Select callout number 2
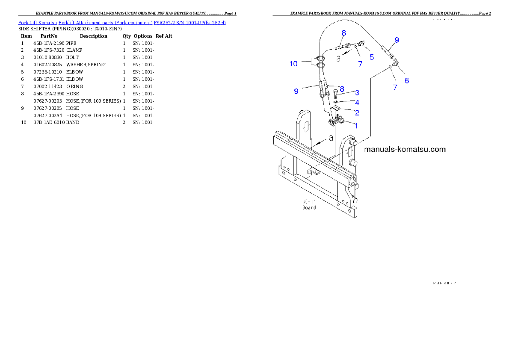tap(357, 113)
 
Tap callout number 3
tap(357, 92)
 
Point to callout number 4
tap(357, 103)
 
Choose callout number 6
tap(406, 80)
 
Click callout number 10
tap(293, 64)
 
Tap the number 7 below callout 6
tap(395, 87)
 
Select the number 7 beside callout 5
tap(360, 64)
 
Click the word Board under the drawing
tap(309, 207)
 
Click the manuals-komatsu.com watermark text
tap(405, 149)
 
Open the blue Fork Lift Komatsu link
tap(122, 22)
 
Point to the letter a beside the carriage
tap(330, 139)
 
